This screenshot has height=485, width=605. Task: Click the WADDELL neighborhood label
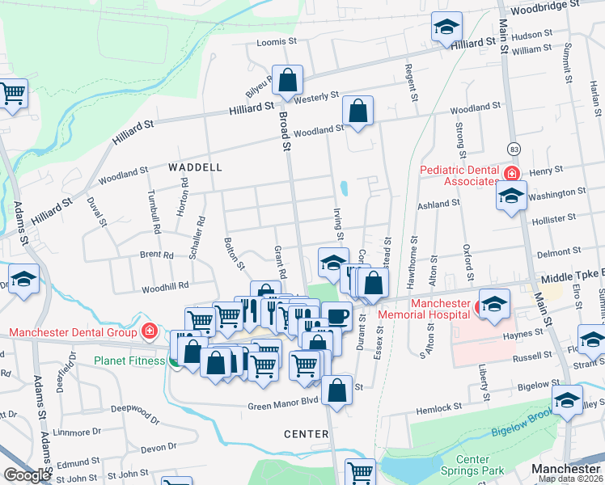coord(195,167)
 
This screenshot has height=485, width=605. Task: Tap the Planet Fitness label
coord(129,361)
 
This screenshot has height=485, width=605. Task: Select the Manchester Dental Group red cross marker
coord(149,331)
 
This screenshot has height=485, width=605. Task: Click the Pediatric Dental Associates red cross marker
coord(511,174)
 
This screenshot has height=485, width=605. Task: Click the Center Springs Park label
coord(472,466)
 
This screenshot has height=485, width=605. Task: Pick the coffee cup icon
coord(336,315)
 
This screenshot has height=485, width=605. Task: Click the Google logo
coord(27,475)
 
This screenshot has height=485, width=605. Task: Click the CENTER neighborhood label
coord(307,434)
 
